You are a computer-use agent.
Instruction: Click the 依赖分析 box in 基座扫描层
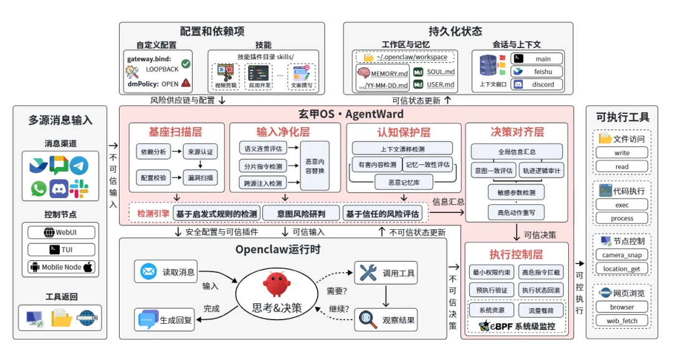[153, 151]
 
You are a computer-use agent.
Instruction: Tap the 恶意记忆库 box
[402, 181]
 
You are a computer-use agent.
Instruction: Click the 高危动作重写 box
[516, 212]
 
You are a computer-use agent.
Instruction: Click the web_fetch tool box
[621, 321]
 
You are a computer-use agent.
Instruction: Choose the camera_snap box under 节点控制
[621, 255]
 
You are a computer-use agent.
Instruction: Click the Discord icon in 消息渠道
[59, 188]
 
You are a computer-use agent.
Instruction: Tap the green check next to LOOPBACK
[186, 64]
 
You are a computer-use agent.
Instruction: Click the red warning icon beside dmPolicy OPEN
[186, 83]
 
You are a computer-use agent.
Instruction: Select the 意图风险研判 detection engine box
[301, 214]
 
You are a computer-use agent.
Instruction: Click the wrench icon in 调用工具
[368, 272]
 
